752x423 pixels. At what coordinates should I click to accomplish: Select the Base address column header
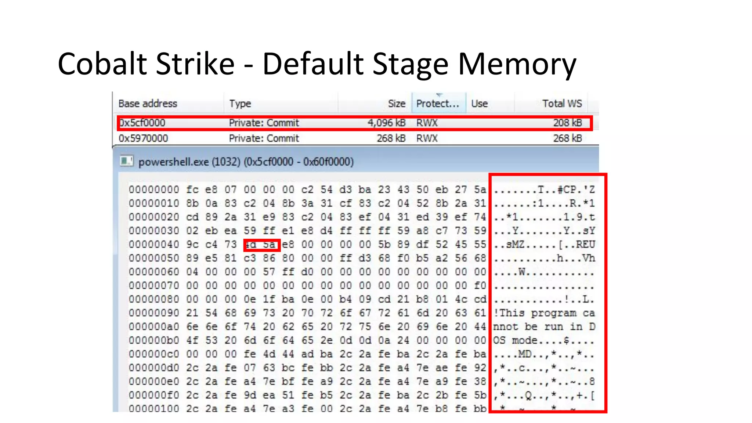click(x=148, y=104)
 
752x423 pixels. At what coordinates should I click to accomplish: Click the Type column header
click(x=240, y=104)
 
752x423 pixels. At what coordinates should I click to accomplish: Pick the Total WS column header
click(x=562, y=104)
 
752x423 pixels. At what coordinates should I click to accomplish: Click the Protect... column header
click(x=438, y=104)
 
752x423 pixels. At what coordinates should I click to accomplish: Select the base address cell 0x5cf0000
click(x=142, y=123)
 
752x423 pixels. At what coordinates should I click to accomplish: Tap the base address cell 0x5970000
click(x=143, y=138)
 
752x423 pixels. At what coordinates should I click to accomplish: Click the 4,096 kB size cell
click(x=386, y=123)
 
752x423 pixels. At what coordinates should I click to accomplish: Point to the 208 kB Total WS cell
click(x=567, y=123)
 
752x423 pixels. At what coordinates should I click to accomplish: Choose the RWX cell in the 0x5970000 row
click(x=427, y=138)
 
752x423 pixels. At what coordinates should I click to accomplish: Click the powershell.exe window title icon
click(x=127, y=161)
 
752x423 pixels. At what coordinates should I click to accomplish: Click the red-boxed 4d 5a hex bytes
click(x=262, y=245)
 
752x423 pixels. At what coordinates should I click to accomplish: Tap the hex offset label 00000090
click(x=154, y=313)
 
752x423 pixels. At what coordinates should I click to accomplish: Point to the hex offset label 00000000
click(x=154, y=190)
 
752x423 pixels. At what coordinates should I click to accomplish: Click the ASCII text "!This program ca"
click(x=544, y=313)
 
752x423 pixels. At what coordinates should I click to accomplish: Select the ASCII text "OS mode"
click(x=515, y=340)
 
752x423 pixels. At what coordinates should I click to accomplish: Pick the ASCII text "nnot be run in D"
click(x=544, y=327)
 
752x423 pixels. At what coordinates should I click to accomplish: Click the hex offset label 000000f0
click(x=154, y=395)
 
